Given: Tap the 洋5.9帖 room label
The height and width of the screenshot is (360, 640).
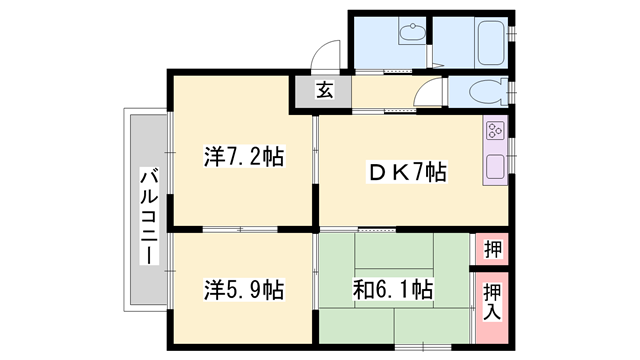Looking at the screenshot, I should [244, 291].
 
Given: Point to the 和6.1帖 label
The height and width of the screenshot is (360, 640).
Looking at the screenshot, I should [393, 291].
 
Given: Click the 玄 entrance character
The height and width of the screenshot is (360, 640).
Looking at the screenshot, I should [325, 91].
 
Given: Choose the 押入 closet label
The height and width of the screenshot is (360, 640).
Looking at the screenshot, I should [492, 300].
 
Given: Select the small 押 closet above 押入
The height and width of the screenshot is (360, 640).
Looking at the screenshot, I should [492, 248].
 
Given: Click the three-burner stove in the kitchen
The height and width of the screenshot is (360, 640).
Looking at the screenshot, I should [496, 131].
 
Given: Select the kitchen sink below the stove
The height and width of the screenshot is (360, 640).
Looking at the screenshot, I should [496, 166].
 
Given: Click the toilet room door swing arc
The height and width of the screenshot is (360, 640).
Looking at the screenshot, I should [431, 95].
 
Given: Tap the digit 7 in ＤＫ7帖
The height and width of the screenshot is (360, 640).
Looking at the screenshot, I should [416, 173].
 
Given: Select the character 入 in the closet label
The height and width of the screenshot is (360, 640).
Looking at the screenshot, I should [492, 311].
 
